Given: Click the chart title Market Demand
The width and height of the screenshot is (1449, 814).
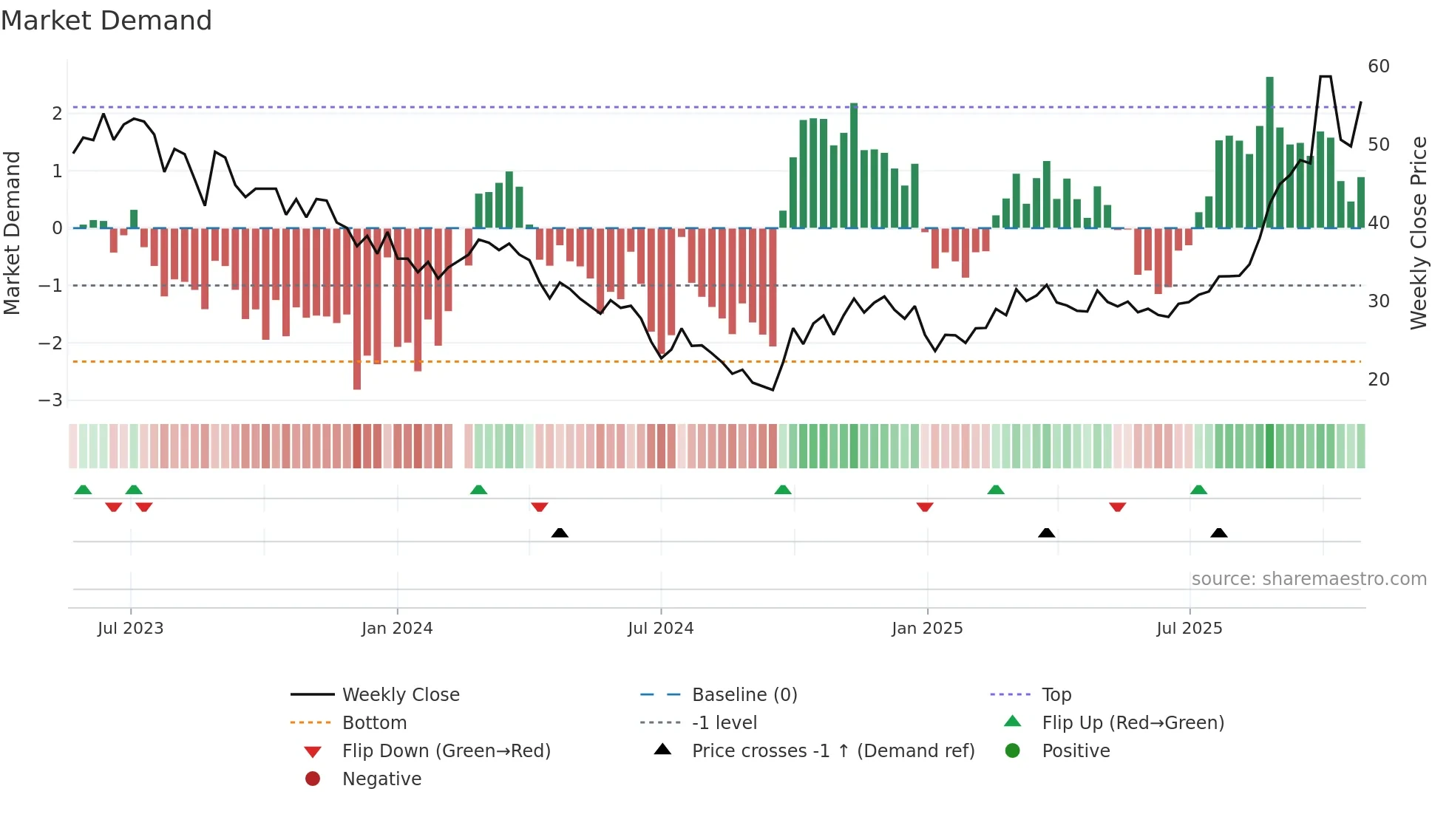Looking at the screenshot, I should pos(106,21).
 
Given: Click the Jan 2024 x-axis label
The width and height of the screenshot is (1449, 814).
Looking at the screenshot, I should pos(397,629).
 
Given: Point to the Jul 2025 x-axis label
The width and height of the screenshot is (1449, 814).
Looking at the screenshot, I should pos(1189,629).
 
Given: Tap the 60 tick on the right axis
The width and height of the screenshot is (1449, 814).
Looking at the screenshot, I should pos(1378,66).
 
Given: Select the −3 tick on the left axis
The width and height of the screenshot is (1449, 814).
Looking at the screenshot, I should pos(50,400).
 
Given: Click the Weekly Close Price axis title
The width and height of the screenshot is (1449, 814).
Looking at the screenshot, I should pos(1418,233).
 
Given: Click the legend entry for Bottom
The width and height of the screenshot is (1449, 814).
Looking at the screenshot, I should pos(374,722).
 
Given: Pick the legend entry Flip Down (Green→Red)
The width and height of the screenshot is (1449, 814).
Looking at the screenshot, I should pos(446,750).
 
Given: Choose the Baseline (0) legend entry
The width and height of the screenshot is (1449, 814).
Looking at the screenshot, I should pos(744,694).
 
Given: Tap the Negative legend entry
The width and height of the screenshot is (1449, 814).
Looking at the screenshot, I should pos(381,779).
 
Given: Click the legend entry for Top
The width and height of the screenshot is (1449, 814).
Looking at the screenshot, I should pos(1056,694).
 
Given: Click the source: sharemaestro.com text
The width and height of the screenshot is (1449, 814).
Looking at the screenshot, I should pos(1309,578).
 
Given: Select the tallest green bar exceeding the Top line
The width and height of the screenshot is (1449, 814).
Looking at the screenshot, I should pos(1269,148).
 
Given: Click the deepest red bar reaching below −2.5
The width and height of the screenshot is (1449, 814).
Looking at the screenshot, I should pos(357,310).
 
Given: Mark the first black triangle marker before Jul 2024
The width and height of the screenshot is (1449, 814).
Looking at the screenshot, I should pos(560,533).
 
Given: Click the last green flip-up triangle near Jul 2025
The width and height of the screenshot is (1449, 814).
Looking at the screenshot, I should pos(1198,490).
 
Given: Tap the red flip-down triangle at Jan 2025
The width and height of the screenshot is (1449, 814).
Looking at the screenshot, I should pos(925,507).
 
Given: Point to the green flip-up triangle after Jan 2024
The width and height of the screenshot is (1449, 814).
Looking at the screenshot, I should pos(478,490).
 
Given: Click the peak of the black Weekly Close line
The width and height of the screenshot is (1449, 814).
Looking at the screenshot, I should pos(1326,77).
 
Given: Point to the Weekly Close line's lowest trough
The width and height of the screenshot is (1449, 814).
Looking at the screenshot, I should pos(773,389).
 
